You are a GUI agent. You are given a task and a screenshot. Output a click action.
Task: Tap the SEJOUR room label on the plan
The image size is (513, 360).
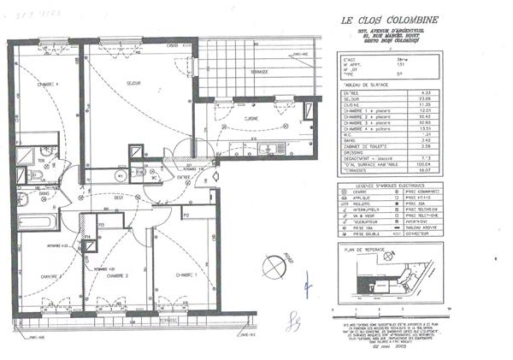pos(132,83)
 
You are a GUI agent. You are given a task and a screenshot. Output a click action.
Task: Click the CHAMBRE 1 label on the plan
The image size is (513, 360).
pos(185,274)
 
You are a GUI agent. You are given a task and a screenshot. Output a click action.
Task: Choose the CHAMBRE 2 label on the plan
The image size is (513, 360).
pos(117,276)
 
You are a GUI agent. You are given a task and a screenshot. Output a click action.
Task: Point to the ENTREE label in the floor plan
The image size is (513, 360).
pos(184,177)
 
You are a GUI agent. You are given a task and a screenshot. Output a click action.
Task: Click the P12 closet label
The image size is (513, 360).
pos(185,216)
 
